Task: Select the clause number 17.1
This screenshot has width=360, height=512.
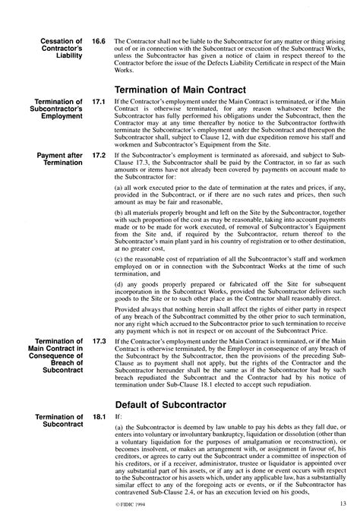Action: [98, 102]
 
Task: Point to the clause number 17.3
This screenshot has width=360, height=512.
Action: [98, 343]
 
